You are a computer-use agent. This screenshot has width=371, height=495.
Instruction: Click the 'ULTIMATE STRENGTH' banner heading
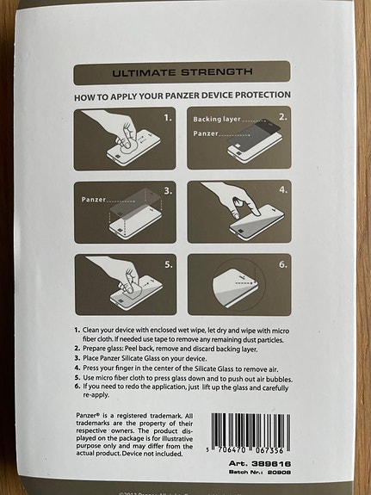pos(182,71)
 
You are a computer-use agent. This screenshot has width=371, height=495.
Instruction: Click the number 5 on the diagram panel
pos(168,264)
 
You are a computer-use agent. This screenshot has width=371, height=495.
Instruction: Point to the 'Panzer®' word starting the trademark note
pos(90,417)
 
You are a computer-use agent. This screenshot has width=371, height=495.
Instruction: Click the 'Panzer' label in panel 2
pos(207,134)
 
